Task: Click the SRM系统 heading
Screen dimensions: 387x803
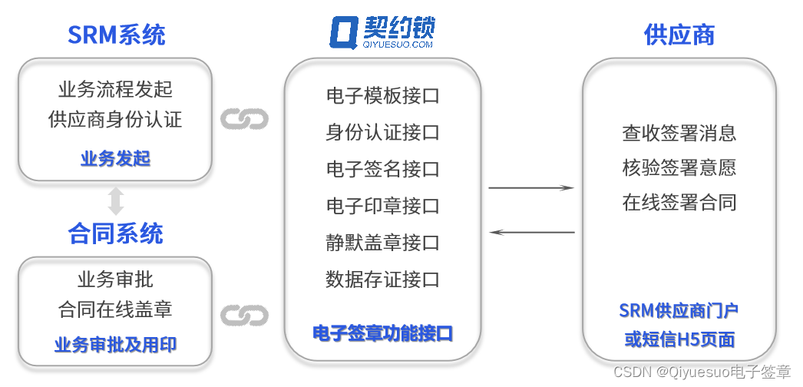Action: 116,35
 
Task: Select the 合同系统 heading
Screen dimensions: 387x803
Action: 116,233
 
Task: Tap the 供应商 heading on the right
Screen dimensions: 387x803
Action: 679,35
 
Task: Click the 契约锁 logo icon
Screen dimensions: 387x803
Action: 343,34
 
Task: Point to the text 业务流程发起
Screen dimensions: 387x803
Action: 115,89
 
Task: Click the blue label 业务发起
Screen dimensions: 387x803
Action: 115,159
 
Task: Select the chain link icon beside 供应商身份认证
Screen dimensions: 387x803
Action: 244,119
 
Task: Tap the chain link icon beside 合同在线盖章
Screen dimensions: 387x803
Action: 244,315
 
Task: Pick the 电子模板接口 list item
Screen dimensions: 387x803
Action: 382,96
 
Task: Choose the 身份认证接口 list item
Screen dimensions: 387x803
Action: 382,132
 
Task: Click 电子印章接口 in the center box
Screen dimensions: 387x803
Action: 382,206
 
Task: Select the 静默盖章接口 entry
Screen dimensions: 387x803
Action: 382,243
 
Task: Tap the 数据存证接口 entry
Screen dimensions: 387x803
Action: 382,279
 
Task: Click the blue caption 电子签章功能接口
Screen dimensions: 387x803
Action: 382,333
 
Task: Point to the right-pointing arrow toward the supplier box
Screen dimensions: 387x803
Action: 531,187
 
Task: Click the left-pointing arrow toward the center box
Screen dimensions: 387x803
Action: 531,231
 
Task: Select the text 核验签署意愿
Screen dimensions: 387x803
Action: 679,167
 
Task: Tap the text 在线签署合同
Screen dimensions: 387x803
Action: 679,203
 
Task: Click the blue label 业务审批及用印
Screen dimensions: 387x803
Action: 115,345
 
